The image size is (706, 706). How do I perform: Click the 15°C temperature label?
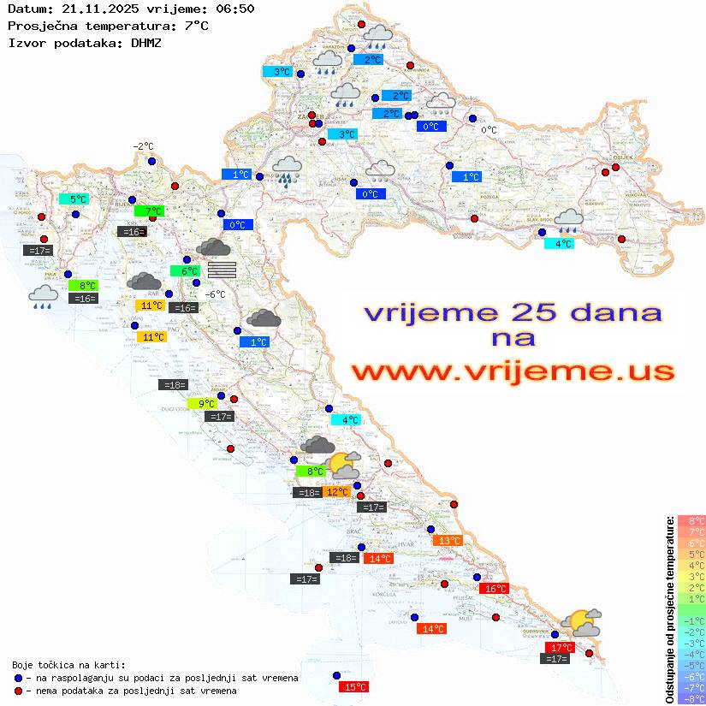[354, 687]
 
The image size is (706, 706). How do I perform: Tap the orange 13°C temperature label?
[448, 541]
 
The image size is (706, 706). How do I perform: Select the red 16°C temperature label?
[495, 589]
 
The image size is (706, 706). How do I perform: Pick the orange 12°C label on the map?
[336, 492]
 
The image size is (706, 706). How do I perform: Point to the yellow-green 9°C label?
[205, 404]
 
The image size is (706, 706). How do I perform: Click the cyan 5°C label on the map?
[77, 199]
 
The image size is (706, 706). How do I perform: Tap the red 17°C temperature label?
[560, 648]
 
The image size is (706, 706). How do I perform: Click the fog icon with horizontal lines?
[222, 270]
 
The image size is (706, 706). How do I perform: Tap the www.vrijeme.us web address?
[512, 371]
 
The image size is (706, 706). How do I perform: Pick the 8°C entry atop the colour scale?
[691, 521]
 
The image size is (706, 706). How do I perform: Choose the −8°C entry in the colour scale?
[691, 698]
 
